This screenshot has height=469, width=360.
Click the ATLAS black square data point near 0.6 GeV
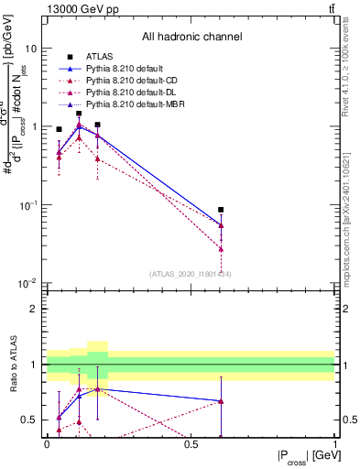coord(221,210)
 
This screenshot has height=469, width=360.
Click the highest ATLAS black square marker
coord(79,114)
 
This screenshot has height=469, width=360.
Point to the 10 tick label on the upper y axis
coord(31,48)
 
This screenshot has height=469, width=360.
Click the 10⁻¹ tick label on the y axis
coord(28,204)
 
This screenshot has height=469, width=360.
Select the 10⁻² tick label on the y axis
coord(28,283)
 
